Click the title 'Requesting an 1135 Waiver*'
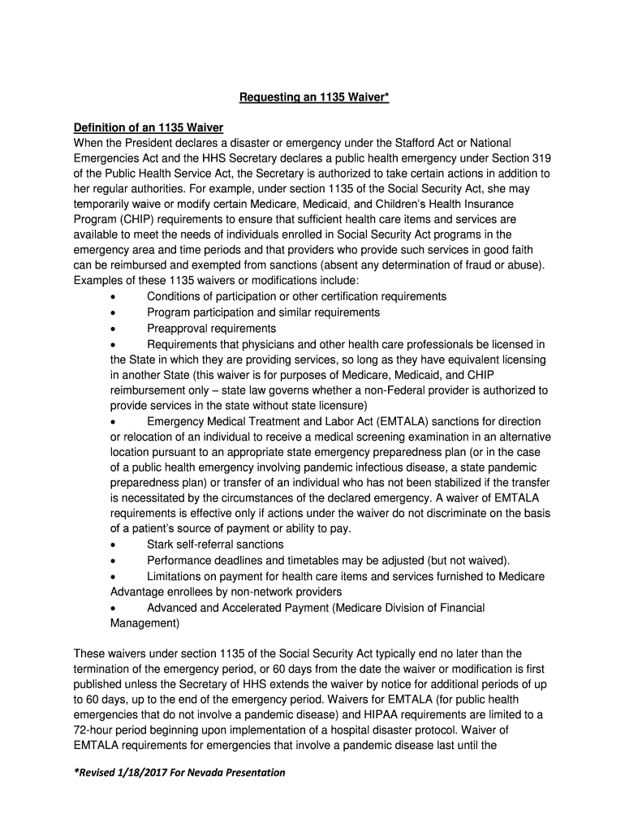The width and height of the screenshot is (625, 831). click(313, 98)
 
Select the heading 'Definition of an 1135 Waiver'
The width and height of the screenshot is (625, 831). click(148, 128)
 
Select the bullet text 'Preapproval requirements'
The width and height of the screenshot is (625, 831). click(211, 328)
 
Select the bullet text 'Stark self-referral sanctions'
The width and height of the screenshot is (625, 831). click(215, 545)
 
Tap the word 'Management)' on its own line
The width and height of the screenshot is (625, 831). click(144, 622)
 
